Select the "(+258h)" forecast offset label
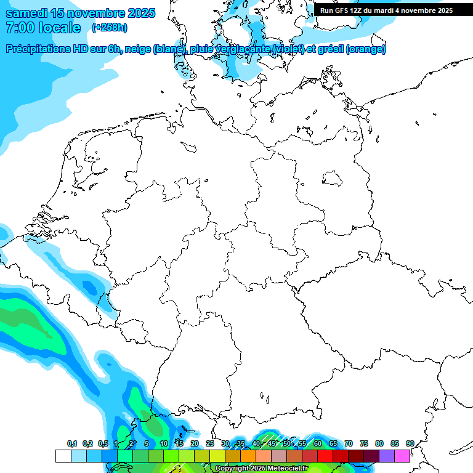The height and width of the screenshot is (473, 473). tap(110, 28)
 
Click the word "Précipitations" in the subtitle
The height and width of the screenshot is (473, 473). tap(39, 49)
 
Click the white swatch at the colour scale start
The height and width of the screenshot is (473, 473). tap(63, 456)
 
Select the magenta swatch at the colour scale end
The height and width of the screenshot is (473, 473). tap(402, 456)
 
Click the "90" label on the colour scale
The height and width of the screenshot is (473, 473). tap(410, 443)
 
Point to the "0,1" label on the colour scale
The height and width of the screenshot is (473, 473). tap(71, 443)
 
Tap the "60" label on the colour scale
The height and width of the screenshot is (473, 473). tap(317, 443)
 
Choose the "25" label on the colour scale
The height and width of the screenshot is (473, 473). tap(209, 443)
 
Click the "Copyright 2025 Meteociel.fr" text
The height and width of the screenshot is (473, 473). tap(261, 468)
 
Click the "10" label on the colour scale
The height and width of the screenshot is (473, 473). tap(163, 443)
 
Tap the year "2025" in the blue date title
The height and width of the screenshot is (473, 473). tap(141, 13)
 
